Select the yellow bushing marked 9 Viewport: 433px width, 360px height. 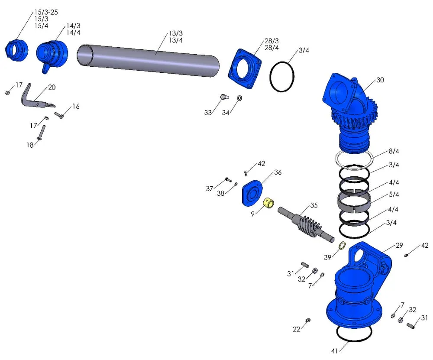click(269, 202)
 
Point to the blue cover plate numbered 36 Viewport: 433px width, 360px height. click(252, 193)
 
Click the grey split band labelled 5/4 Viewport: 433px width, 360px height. click(353, 201)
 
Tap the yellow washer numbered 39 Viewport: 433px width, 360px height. click(341, 246)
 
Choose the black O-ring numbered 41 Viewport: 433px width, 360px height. click(354, 333)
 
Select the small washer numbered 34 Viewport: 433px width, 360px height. click(239, 98)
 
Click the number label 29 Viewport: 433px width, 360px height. click(398, 245)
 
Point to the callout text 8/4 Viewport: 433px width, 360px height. click(394, 151)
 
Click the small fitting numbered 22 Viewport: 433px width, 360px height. click(307, 320)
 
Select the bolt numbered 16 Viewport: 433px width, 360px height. click(59, 115)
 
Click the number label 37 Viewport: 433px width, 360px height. click(210, 188)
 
